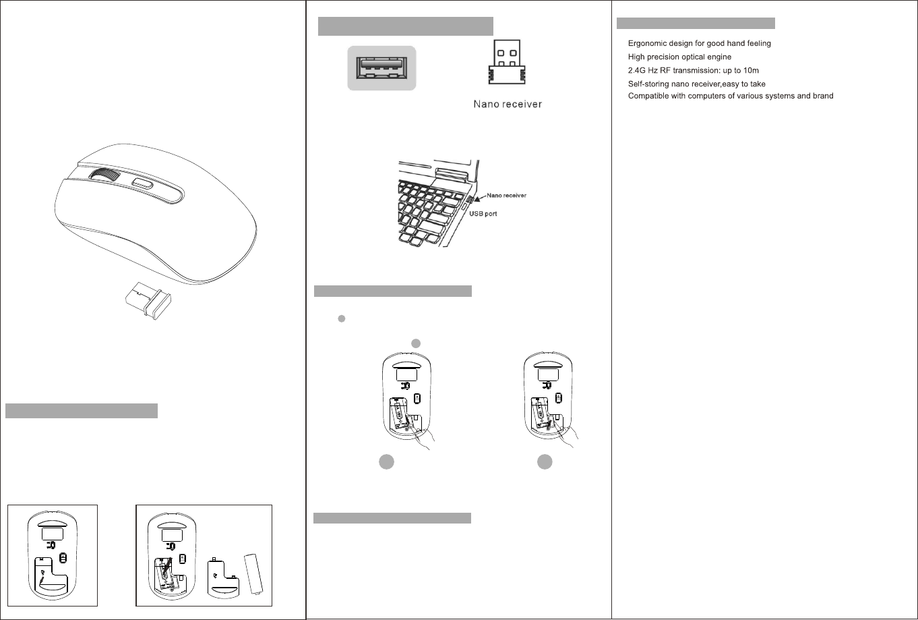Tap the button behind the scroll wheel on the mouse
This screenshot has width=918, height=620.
(x=143, y=184)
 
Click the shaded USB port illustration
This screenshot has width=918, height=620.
(x=381, y=67)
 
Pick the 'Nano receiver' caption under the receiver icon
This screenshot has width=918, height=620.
(x=507, y=105)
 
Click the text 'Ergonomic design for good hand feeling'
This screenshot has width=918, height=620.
(x=699, y=43)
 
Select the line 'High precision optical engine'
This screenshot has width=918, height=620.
(x=679, y=57)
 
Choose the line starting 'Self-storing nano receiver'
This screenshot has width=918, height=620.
(x=696, y=84)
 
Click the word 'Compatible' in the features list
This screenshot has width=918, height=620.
(x=649, y=96)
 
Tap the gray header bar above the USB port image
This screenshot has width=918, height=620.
(x=406, y=26)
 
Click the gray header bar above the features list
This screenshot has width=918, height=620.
(x=696, y=24)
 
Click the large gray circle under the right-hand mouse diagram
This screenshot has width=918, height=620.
(x=545, y=462)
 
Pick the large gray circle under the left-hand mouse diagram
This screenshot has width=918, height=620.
(x=386, y=462)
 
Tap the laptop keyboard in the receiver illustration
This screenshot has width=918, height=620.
(x=428, y=209)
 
